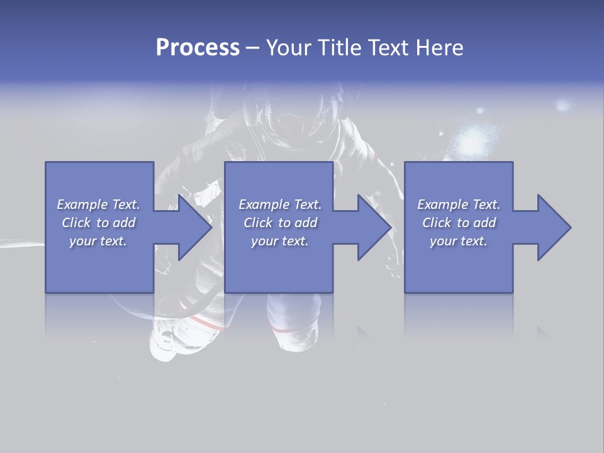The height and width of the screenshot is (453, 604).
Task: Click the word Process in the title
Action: tap(198, 48)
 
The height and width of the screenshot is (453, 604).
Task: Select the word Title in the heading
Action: tap(339, 48)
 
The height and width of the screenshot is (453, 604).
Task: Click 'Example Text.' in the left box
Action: tap(98, 204)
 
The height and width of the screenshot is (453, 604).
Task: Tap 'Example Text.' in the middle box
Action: tap(280, 204)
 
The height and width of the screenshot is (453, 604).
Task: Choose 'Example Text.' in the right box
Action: tap(459, 204)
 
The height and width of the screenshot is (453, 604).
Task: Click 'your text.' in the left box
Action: tap(98, 241)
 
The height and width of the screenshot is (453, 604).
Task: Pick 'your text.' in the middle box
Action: tap(280, 241)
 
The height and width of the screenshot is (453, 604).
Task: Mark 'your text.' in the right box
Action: tap(459, 241)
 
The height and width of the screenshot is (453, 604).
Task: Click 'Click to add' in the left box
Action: tap(98, 223)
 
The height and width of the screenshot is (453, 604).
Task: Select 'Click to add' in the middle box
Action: tap(280, 223)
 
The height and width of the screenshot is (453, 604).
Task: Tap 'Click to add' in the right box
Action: tap(459, 223)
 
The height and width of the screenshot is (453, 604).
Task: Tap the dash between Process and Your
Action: tap(253, 48)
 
